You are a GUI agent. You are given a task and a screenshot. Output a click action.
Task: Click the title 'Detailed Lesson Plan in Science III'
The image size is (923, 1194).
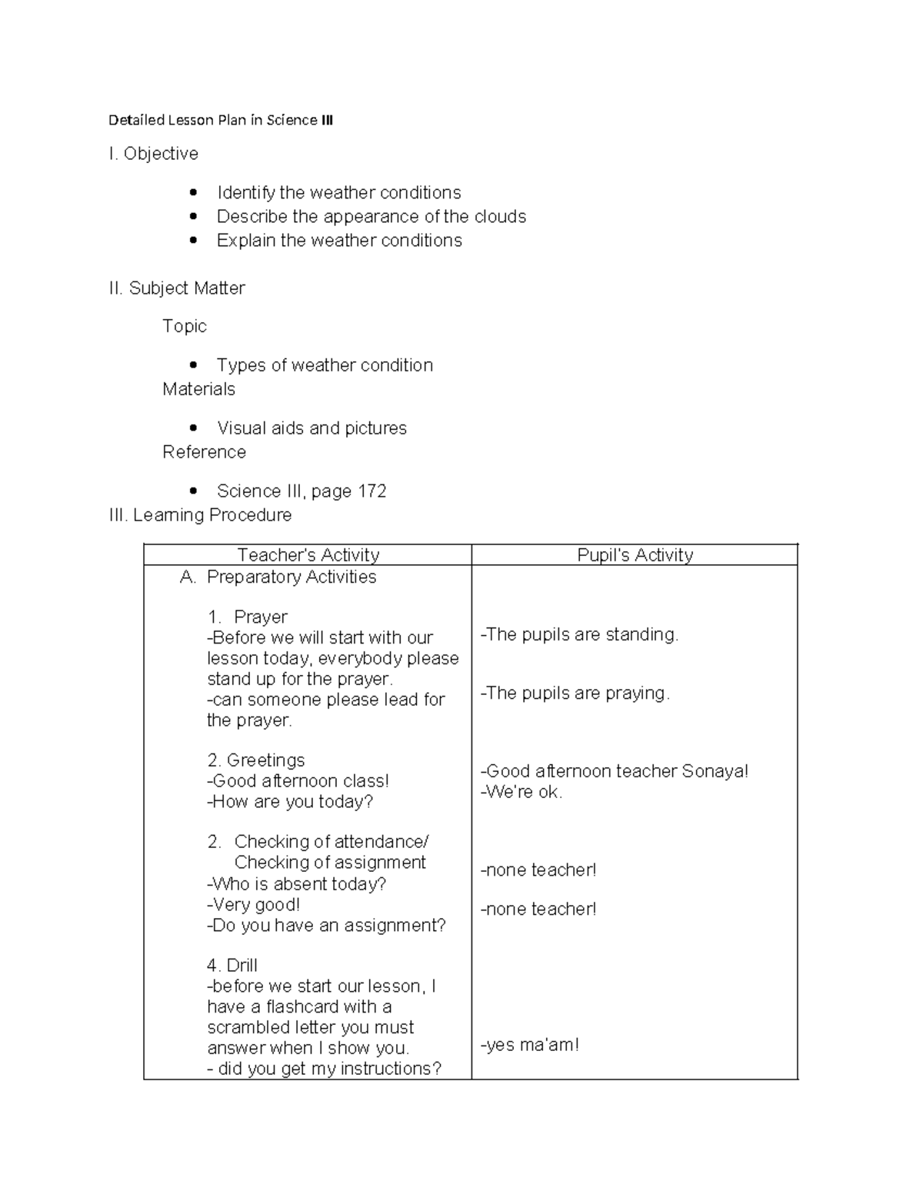click(221, 120)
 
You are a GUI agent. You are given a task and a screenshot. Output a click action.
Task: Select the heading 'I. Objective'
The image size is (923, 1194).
click(154, 154)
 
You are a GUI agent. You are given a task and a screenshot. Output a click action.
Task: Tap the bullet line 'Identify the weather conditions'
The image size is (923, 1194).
click(338, 192)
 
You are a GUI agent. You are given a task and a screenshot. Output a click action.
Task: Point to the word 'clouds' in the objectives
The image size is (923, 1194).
click(500, 217)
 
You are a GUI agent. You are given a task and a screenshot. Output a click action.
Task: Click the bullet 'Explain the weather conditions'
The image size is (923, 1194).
click(339, 241)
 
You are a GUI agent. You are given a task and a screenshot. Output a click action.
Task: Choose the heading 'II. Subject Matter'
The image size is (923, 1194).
click(177, 288)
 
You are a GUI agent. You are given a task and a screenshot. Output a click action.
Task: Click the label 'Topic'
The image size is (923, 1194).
click(185, 326)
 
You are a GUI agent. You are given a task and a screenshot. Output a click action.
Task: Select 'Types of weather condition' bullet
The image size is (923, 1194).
click(325, 365)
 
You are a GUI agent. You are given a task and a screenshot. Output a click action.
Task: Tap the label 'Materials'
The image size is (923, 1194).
click(198, 389)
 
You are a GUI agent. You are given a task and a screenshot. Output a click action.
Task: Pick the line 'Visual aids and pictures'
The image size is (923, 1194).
click(312, 428)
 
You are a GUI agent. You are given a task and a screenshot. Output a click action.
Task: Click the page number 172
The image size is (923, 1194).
click(372, 491)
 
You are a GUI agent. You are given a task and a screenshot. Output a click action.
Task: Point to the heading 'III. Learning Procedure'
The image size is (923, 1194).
click(201, 515)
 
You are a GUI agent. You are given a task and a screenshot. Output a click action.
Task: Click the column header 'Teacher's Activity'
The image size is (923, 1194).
click(308, 555)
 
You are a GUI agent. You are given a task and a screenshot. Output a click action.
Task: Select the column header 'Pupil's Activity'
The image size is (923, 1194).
click(635, 555)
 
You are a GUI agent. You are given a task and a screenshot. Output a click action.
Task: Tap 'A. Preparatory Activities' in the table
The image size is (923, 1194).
click(278, 577)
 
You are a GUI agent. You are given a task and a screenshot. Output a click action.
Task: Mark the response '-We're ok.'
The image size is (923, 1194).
click(521, 792)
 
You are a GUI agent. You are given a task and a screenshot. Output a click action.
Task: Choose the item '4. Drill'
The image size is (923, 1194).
click(232, 966)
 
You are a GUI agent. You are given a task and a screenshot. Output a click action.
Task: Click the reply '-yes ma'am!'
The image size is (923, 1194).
click(530, 1045)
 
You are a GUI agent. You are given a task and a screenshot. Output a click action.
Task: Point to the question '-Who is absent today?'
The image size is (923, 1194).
click(297, 884)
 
